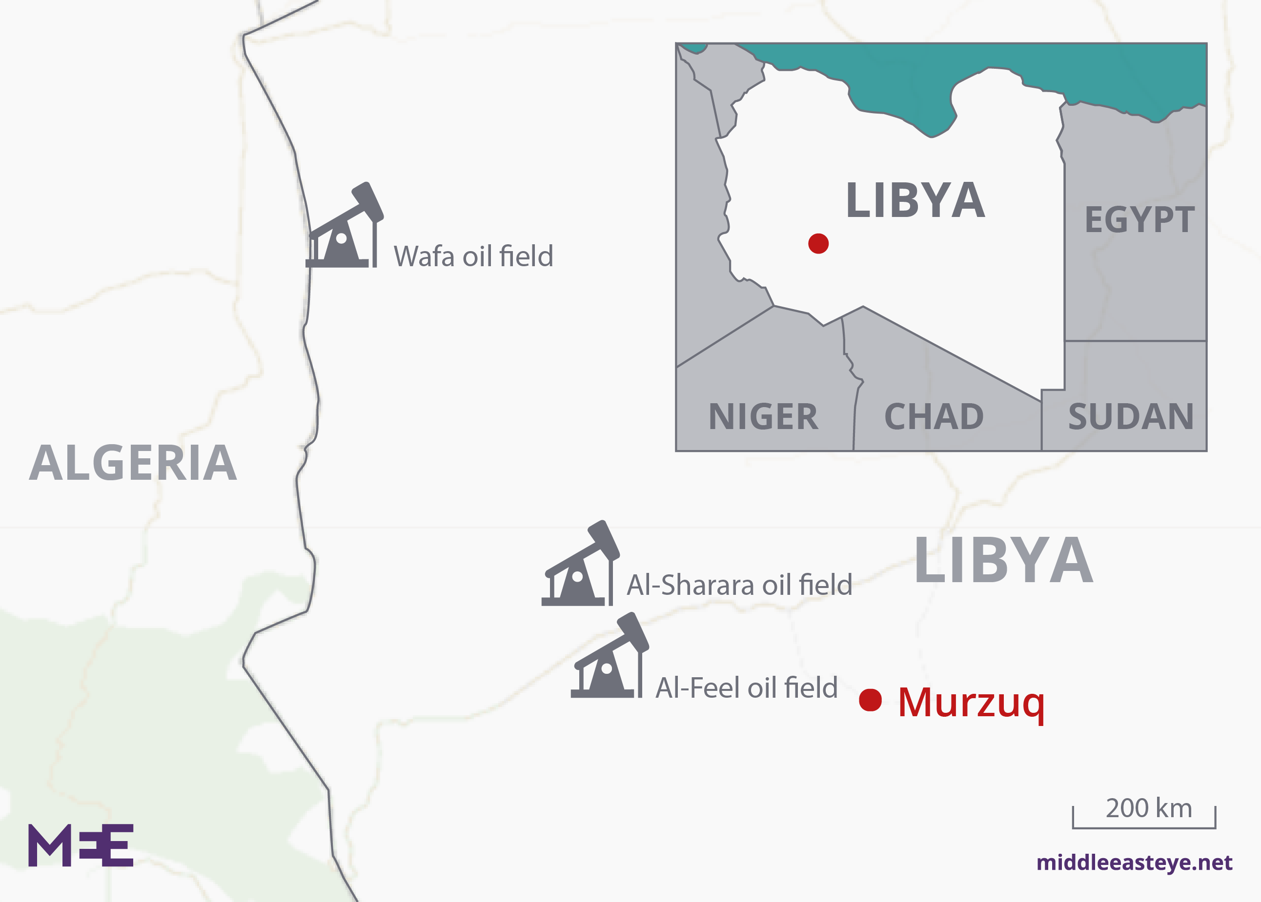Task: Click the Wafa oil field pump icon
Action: click(x=343, y=228)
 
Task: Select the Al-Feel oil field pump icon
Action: click(x=609, y=658)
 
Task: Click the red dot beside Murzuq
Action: click(x=870, y=700)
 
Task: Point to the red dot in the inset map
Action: click(x=818, y=243)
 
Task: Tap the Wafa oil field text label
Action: click(x=473, y=256)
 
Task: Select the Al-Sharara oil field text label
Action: click(x=739, y=586)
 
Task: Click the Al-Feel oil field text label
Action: click(x=746, y=688)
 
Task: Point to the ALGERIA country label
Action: click(x=133, y=463)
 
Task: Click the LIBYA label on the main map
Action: click(x=1004, y=561)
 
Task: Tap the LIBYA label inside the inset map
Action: click(x=915, y=200)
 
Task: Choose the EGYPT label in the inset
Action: click(x=1139, y=220)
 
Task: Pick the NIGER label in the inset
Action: click(x=763, y=416)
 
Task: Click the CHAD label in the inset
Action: click(x=934, y=416)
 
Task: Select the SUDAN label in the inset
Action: click(x=1130, y=416)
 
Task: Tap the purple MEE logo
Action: click(x=81, y=845)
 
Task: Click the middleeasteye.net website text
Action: click(x=1134, y=863)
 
